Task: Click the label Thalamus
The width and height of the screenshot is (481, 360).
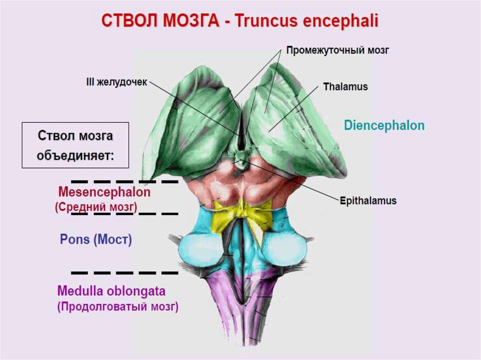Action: coord(345,87)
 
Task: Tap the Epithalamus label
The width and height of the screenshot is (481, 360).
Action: coord(368,201)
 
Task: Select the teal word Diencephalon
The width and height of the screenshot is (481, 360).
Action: coord(384,126)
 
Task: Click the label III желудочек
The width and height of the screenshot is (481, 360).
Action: coord(116,82)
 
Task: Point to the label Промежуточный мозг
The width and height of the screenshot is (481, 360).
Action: coord(338,50)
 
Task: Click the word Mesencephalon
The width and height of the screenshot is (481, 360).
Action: coord(104,192)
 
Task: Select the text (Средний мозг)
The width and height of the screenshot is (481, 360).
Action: coord(96,207)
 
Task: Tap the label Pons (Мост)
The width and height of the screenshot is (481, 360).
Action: coord(96,240)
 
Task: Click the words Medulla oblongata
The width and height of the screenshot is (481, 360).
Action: coord(111,291)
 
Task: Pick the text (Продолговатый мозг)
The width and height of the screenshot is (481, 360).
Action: coord(117,307)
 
